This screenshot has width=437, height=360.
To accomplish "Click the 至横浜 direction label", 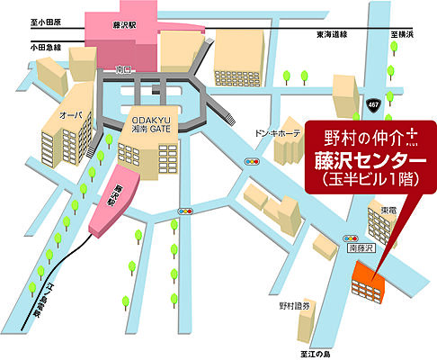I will (x=400, y=35).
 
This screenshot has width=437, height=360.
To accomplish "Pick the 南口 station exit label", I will (x=125, y=68).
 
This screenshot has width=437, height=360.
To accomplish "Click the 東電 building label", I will (x=389, y=210).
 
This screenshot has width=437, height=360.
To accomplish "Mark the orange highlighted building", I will (x=370, y=283).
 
